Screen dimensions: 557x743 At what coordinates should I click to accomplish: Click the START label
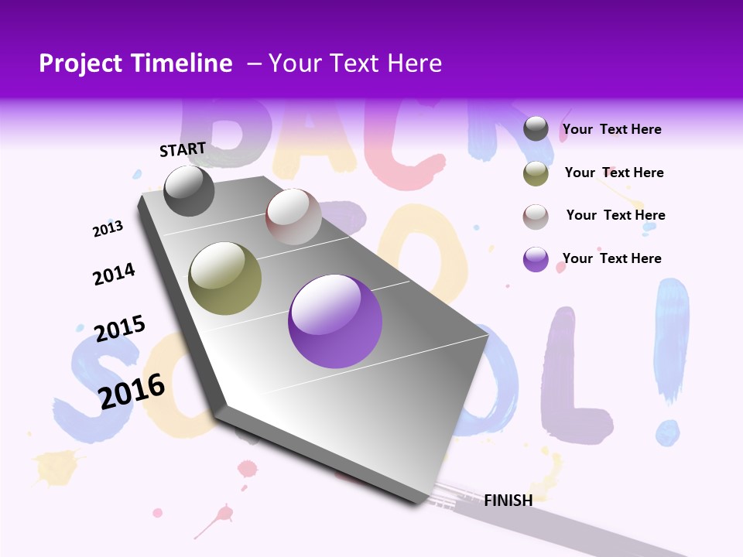183,149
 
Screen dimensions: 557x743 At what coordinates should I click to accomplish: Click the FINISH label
508,501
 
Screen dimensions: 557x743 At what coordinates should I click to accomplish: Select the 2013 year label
108,228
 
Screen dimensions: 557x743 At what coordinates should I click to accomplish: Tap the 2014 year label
114,274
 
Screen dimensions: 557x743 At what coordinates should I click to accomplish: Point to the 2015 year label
120,328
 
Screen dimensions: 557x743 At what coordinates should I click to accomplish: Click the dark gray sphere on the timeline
189,190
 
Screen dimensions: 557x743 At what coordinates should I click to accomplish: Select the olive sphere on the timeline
225,278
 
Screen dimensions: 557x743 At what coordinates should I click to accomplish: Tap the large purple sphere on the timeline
335,321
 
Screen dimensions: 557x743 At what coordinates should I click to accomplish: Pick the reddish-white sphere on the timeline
293,217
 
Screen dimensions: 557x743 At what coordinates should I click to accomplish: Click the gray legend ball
536,129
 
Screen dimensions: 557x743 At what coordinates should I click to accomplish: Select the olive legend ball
536,173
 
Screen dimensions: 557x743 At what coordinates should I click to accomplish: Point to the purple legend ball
536,259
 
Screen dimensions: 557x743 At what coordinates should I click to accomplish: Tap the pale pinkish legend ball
536,217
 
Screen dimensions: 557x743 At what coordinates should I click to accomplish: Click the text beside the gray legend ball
611,130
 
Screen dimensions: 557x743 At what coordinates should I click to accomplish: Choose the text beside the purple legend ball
611,258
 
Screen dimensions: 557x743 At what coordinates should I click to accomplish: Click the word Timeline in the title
183,63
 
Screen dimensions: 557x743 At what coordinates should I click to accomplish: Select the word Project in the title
80,63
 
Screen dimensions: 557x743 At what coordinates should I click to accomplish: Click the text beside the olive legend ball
614,173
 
